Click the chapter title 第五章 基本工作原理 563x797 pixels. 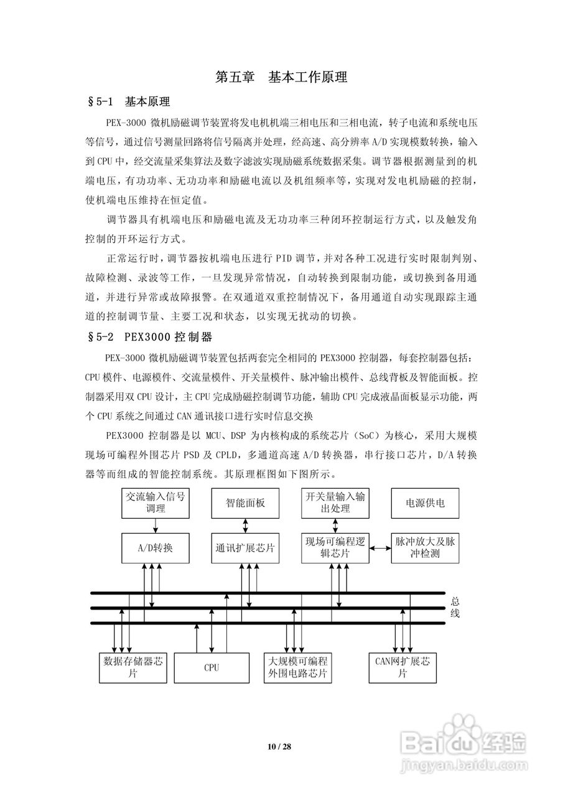point(281,78)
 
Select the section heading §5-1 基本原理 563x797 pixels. point(129,101)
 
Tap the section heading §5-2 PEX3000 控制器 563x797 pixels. point(151,337)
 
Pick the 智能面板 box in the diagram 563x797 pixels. point(245,503)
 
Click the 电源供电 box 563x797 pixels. point(426,503)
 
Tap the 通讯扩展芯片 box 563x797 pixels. point(245,549)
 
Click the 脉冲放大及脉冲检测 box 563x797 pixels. point(426,549)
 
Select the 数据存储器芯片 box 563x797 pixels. point(133,667)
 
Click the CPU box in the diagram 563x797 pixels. point(212,667)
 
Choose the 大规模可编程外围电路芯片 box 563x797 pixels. point(297,667)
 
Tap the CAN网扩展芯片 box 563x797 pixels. point(402,667)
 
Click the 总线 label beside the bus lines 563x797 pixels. point(455,608)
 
